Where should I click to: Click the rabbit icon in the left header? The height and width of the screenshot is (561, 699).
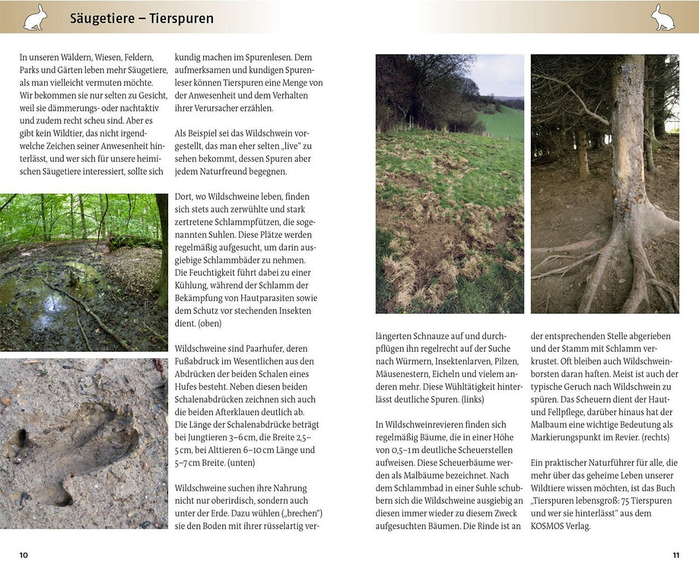35,17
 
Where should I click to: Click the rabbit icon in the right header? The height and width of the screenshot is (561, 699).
663,17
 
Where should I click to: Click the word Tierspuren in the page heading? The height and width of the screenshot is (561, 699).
181,18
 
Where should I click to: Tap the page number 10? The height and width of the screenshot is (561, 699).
24,555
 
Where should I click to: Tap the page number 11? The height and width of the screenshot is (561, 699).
676,555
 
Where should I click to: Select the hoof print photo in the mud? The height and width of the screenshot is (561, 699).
84,444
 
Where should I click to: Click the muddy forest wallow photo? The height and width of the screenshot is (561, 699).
84,272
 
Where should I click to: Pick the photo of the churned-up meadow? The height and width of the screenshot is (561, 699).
450,184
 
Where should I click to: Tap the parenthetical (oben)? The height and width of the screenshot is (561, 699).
210,323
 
